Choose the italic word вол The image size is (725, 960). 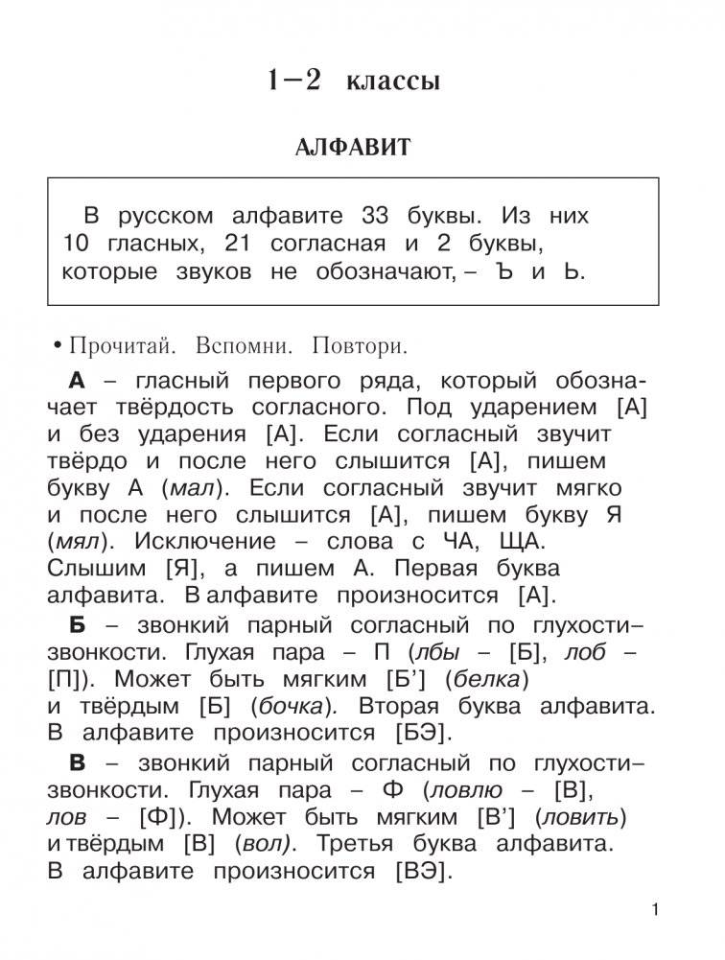(x=261, y=845)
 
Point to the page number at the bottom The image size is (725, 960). (x=653, y=909)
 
